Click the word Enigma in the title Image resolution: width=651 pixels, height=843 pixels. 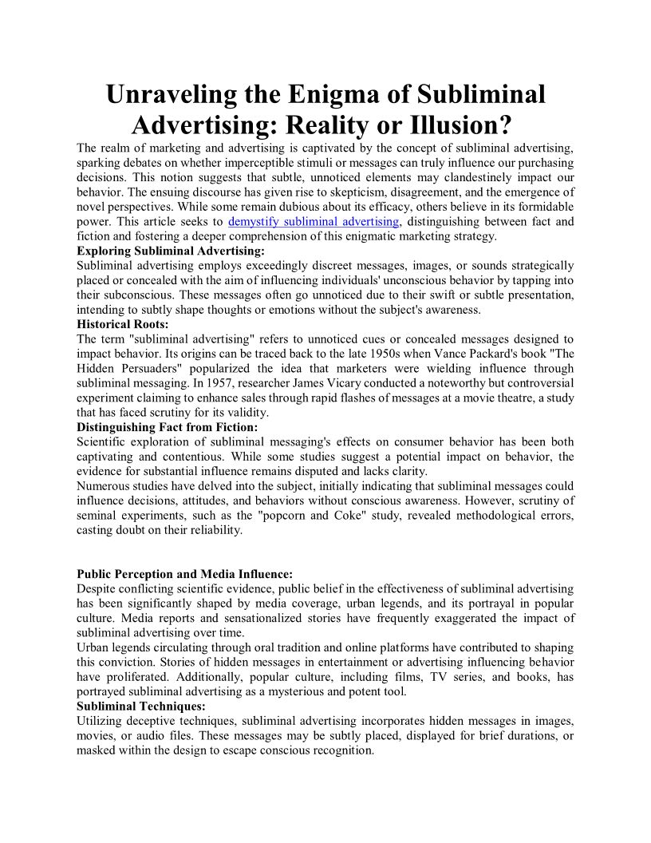click(309, 94)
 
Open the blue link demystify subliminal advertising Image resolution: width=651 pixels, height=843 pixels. click(314, 221)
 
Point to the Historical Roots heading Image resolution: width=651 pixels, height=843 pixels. click(123, 324)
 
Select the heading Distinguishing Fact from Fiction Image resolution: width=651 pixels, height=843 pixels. click(168, 427)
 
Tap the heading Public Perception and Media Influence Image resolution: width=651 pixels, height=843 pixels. click(185, 573)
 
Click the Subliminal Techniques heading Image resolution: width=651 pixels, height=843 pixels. click(141, 706)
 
